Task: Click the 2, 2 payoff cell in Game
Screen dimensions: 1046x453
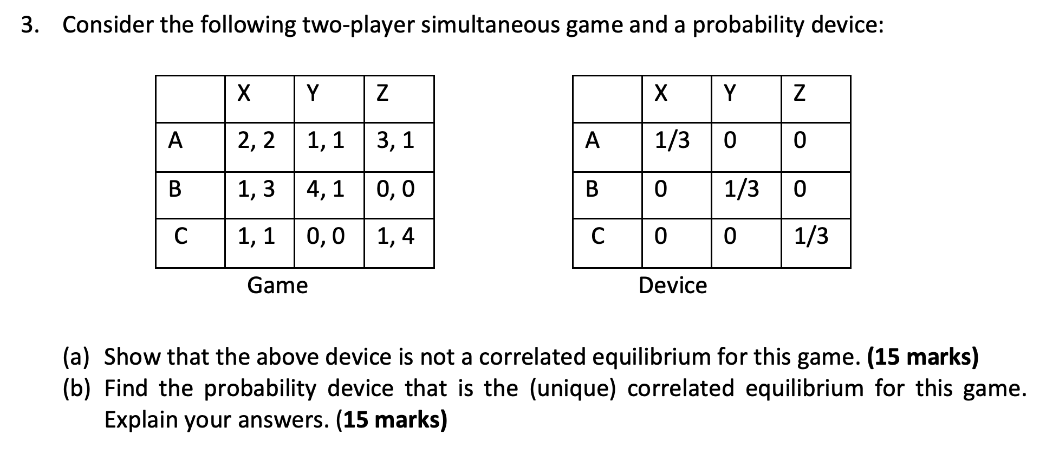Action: (259, 147)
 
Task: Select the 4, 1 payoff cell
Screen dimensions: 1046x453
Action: (329, 196)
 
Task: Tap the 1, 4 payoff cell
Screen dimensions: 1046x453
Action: (399, 243)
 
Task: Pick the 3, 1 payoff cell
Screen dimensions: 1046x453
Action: (399, 147)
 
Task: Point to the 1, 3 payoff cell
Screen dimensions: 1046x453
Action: (259, 196)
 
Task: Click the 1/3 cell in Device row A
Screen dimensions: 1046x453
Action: (677, 147)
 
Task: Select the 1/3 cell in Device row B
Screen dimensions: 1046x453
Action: (746, 196)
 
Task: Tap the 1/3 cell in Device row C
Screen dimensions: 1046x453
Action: (816, 243)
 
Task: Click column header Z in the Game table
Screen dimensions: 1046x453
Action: (382, 94)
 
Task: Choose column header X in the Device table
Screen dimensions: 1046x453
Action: (660, 94)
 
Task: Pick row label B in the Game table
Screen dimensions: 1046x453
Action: (175, 189)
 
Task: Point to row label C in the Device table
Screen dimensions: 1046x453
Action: (597, 236)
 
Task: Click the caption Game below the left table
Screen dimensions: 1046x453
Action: (277, 286)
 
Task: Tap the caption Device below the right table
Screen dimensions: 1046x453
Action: (673, 286)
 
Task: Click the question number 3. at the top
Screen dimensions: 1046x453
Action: (30, 25)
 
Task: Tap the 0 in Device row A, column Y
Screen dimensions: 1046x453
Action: (730, 141)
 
